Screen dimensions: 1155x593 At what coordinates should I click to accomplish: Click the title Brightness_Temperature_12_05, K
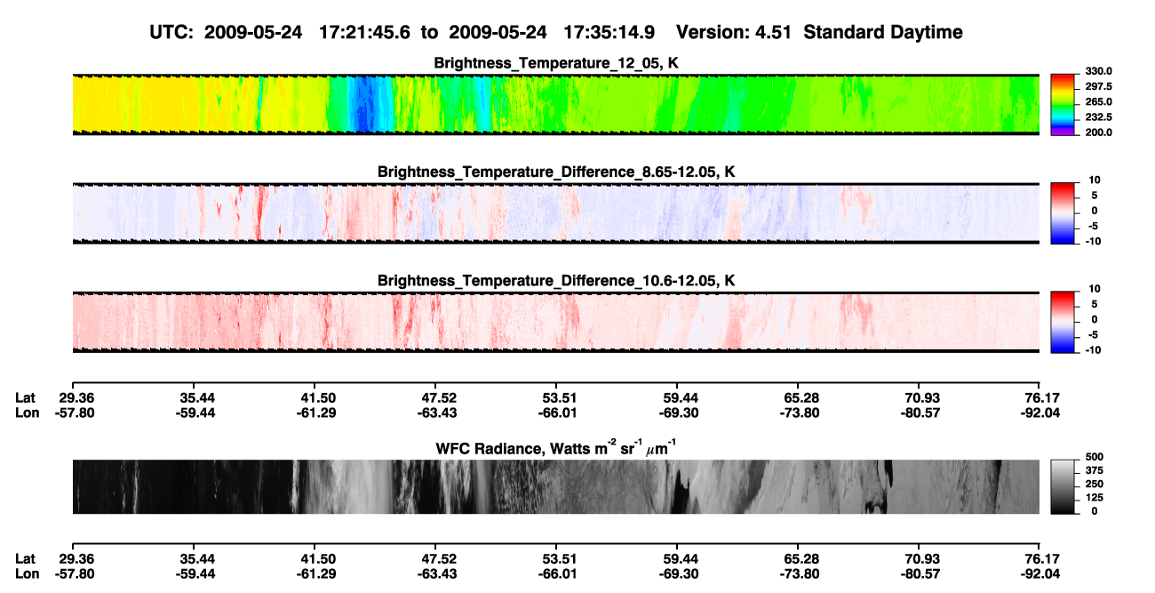pyautogui.click(x=556, y=63)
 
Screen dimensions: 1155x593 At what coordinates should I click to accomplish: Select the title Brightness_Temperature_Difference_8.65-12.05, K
pyautogui.click(x=556, y=172)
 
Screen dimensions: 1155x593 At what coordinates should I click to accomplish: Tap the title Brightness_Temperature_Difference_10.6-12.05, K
pyautogui.click(x=556, y=281)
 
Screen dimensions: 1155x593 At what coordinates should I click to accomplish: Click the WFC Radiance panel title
pyautogui.click(x=555, y=447)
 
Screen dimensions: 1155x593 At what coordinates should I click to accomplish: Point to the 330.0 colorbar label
pyautogui.click(x=1098, y=71)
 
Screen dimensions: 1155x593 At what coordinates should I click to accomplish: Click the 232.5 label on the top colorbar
pyautogui.click(x=1098, y=117)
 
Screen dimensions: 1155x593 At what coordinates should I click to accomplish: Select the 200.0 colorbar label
pyautogui.click(x=1098, y=132)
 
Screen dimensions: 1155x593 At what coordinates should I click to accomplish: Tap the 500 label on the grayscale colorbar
pyautogui.click(x=1094, y=457)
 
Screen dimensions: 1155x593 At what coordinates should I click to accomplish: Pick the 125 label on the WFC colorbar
pyautogui.click(x=1094, y=498)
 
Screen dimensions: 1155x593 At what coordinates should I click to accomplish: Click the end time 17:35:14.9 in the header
pyautogui.click(x=609, y=33)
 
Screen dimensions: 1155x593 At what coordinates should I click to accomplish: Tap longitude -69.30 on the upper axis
pyautogui.click(x=679, y=413)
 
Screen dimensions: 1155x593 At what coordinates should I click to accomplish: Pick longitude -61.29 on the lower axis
pyautogui.click(x=316, y=574)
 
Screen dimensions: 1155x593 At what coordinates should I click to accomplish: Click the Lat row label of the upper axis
pyautogui.click(x=25, y=398)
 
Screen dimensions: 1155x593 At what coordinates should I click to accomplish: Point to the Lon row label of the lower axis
pyautogui.click(x=28, y=574)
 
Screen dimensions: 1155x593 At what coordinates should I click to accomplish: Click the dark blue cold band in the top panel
pyautogui.click(x=363, y=104)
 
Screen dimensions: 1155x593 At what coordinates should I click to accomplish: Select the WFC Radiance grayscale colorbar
pyautogui.click(x=1063, y=486)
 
